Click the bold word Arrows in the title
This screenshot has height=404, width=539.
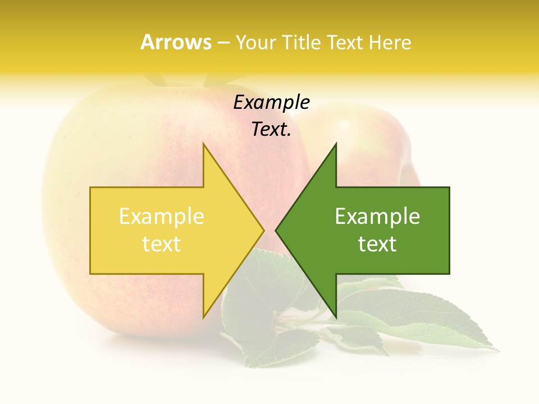pyautogui.click(x=176, y=42)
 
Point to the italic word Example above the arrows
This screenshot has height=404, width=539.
pyautogui.click(x=271, y=103)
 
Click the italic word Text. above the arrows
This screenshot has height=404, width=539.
pyautogui.click(x=271, y=130)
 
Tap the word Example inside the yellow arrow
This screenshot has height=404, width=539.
pyautogui.click(x=162, y=216)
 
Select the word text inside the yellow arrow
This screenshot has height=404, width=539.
pyautogui.click(x=162, y=244)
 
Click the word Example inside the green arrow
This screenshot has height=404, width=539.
pyautogui.click(x=377, y=216)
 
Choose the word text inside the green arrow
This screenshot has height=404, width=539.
pyautogui.click(x=377, y=244)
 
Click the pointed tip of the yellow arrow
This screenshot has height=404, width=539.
pyautogui.click(x=263, y=230)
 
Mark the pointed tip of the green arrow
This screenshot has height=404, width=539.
pyautogui.click(x=276, y=230)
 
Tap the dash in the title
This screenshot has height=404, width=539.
pyautogui.click(x=223, y=42)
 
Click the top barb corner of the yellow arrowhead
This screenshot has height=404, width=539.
pyautogui.click(x=203, y=144)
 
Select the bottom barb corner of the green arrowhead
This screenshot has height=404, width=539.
pyautogui.click(x=336, y=317)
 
